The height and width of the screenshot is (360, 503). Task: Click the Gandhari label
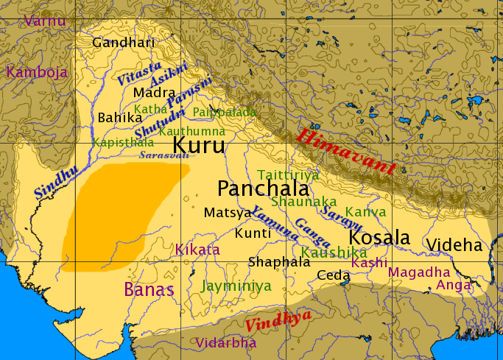(124, 43)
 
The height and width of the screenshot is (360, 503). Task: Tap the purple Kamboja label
(37, 72)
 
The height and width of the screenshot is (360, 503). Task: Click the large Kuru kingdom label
(199, 144)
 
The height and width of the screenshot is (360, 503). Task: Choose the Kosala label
(379, 238)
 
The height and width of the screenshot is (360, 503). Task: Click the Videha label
(454, 245)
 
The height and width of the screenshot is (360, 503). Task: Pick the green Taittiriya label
(288, 174)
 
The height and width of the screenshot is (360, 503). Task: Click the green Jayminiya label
(236, 286)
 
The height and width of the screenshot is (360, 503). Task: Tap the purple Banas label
(149, 289)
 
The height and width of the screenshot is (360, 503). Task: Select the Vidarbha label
(226, 342)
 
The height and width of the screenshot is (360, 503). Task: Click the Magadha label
(418, 272)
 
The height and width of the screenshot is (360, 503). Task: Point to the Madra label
(155, 93)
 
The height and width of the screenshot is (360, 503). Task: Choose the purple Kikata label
(197, 250)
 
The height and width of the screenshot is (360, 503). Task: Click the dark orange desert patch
(118, 217)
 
